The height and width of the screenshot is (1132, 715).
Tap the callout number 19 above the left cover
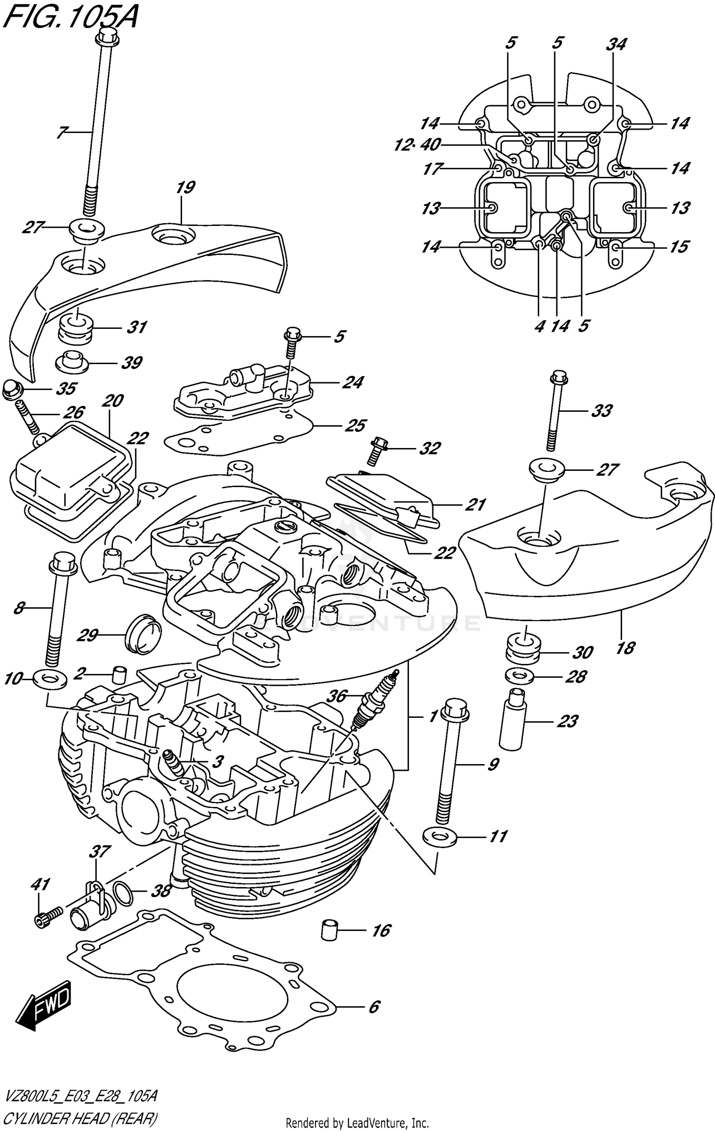(x=185, y=187)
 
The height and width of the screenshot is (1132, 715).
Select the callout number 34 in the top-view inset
(x=616, y=44)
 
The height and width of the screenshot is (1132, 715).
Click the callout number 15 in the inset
(x=679, y=247)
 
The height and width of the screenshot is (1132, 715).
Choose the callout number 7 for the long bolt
(x=61, y=132)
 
